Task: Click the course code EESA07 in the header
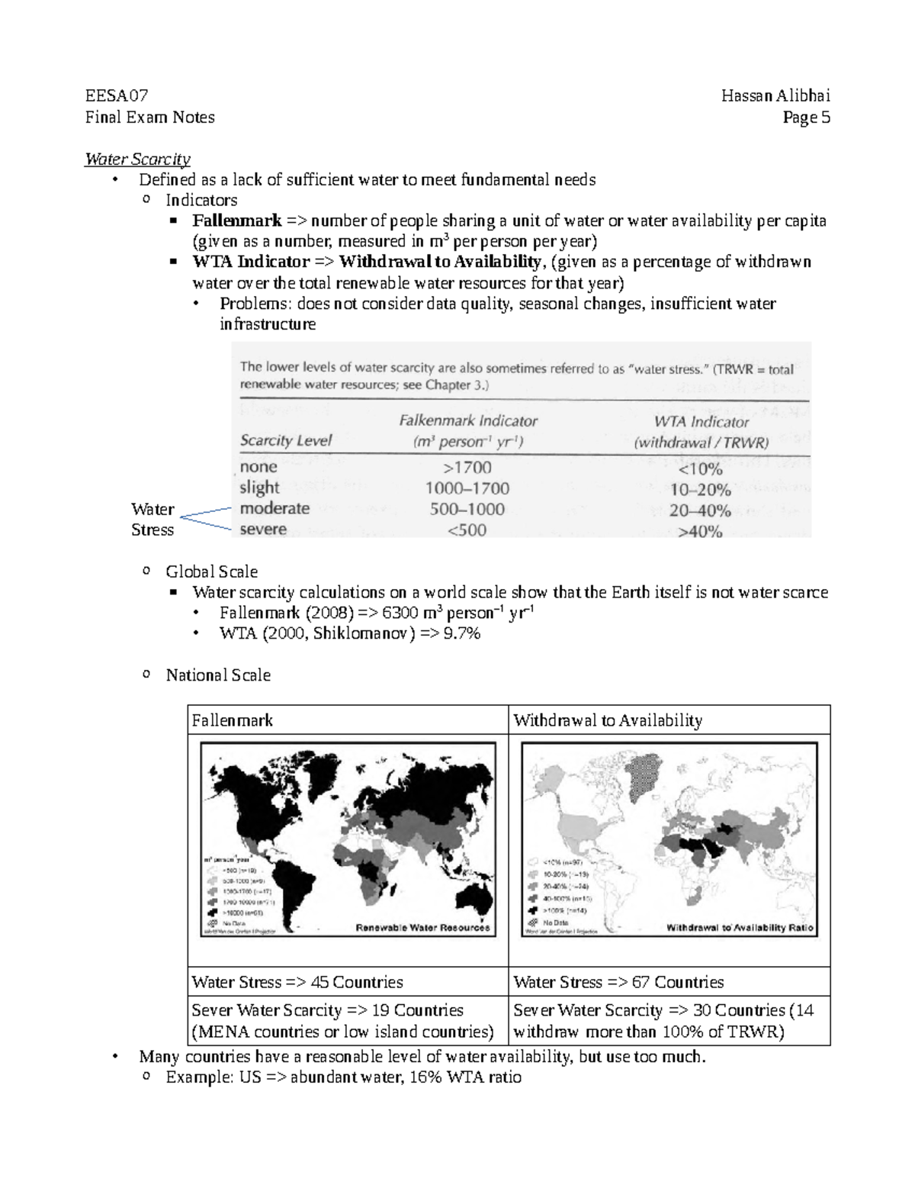[x=117, y=96]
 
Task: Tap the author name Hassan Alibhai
[x=775, y=96]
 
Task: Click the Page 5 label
[x=807, y=118]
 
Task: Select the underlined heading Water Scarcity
[x=137, y=159]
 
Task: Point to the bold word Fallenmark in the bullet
[x=236, y=221]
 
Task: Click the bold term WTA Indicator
[x=251, y=262]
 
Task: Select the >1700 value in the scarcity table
[x=467, y=467]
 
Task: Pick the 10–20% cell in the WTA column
[x=700, y=489]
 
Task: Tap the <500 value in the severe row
[x=467, y=530]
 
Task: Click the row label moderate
[x=274, y=508]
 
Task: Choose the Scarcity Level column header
[x=286, y=441]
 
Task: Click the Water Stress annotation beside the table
[x=152, y=520]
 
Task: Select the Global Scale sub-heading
[x=211, y=572]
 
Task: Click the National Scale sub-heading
[x=218, y=675]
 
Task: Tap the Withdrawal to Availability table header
[x=608, y=720]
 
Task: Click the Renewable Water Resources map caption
[x=422, y=928]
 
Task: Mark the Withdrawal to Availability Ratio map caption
[x=740, y=928]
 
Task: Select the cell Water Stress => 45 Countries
[x=297, y=982]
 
